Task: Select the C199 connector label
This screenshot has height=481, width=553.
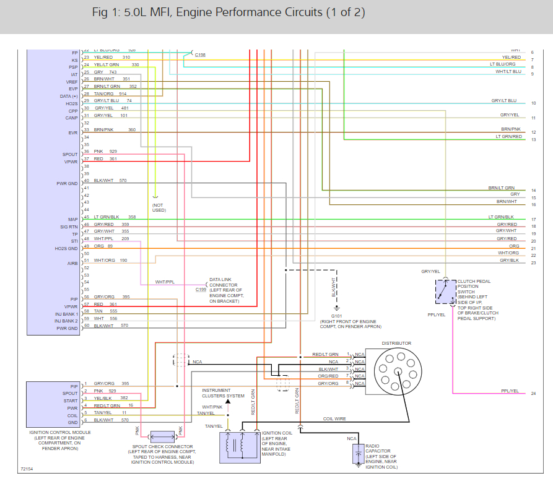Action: coord(201,290)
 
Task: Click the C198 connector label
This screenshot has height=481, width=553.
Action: coord(200,55)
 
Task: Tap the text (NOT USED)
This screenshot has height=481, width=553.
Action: coord(160,207)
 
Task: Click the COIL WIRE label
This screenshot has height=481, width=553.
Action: coord(335,419)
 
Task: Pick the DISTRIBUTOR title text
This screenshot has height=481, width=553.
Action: coord(396,344)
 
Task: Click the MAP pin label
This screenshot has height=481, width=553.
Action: coord(73,219)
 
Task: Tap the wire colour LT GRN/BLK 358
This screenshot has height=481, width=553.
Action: coord(115,217)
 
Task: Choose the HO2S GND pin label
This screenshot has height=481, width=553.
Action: coord(67,248)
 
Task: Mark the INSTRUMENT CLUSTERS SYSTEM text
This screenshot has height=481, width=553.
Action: coord(223,393)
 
